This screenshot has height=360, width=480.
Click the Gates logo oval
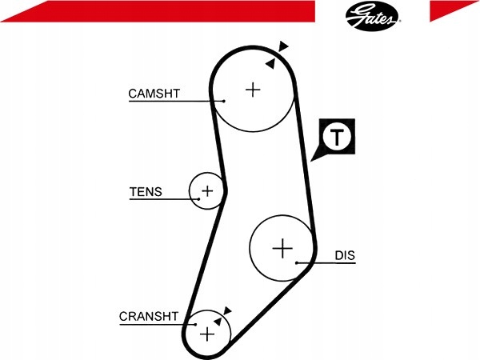coord(372,16)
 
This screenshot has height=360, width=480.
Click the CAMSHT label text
coord(154,94)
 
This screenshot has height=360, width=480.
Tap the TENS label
coord(146,192)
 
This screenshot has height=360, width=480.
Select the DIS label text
coord(345,255)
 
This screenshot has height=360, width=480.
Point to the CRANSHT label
coord(149,316)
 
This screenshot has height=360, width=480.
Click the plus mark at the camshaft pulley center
coord(253,90)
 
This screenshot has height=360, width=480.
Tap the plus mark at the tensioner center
coord(207,191)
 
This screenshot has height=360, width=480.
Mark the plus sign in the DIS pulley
coord(282,248)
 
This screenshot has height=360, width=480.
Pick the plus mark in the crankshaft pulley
coord(207,334)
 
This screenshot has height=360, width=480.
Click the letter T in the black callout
coord(337,137)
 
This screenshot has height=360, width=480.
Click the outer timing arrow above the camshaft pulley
coord(283,46)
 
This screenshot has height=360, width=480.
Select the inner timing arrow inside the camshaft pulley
coord(270,64)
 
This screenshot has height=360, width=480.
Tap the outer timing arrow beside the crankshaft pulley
coord(227,310)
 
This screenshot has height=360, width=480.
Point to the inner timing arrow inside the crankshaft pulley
coord(218,322)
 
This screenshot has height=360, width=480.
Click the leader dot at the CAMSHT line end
coord(224,101)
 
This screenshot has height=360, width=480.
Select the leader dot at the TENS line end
coord(198,199)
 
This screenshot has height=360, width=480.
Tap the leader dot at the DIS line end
coord(297,262)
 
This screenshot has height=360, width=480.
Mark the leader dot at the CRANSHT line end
coord(195,325)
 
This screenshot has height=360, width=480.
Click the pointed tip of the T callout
coord(310,161)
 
